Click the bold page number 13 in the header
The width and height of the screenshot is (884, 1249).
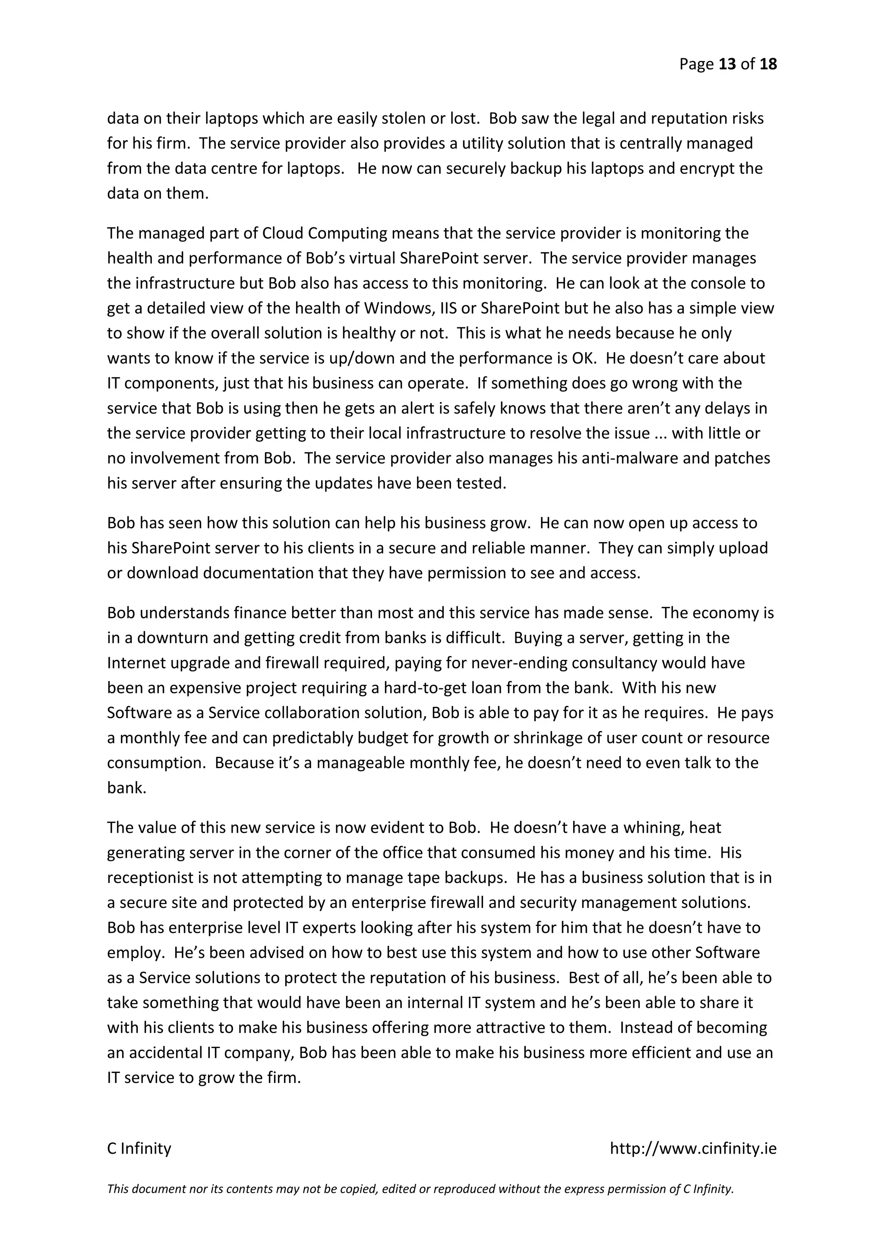[x=727, y=64]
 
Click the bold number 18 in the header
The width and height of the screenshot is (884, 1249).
[x=768, y=64]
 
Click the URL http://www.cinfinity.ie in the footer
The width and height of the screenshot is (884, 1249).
[x=693, y=1149]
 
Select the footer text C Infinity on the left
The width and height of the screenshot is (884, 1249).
[x=139, y=1149]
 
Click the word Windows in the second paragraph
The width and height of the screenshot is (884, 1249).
[x=398, y=308]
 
